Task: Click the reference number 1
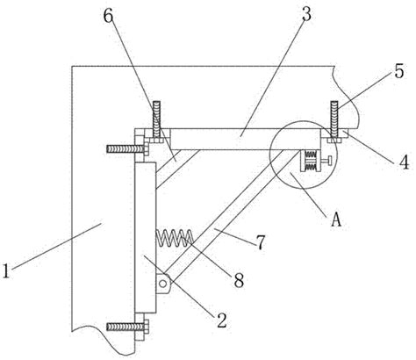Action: pyautogui.click(x=6, y=270)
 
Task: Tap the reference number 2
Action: pyautogui.click(x=221, y=320)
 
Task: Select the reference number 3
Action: pyautogui.click(x=306, y=14)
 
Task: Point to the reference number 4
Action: pyautogui.click(x=405, y=162)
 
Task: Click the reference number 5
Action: pyautogui.click(x=398, y=71)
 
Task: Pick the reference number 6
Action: pyautogui.click(x=108, y=16)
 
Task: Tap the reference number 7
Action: pyautogui.click(x=261, y=242)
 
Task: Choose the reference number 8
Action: pyautogui.click(x=239, y=280)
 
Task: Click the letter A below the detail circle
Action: pyautogui.click(x=336, y=220)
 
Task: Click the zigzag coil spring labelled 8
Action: pyautogui.click(x=175, y=238)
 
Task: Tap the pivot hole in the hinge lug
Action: pyautogui.click(x=162, y=284)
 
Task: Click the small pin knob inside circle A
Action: pyautogui.click(x=326, y=160)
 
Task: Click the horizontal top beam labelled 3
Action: pyautogui.click(x=245, y=139)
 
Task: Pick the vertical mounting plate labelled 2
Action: pyautogui.click(x=145, y=238)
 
